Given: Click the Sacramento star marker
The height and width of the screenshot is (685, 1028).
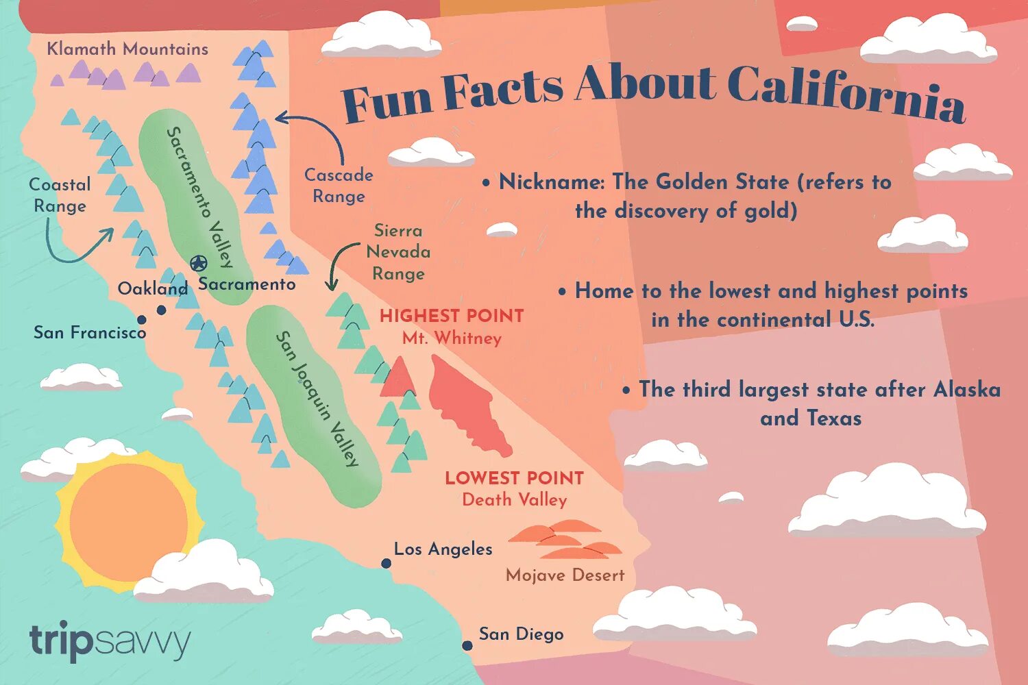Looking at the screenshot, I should (198, 263).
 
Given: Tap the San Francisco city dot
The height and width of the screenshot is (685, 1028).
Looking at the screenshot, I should (142, 320).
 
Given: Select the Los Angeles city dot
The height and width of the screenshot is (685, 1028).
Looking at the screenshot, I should (387, 564).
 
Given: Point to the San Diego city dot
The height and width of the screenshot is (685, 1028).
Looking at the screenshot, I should (467, 646).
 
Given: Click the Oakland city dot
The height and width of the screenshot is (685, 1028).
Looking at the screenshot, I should (162, 310).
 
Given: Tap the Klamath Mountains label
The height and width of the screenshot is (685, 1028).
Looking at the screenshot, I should (127, 49).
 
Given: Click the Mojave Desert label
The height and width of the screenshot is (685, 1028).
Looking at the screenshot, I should (565, 575).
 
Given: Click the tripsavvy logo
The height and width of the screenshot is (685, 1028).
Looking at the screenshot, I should (110, 642).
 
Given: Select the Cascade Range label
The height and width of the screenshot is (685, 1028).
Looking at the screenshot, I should (339, 186).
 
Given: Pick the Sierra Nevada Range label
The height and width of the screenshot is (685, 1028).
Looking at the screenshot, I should (398, 252).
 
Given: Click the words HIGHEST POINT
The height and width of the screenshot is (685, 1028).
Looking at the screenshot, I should (452, 316).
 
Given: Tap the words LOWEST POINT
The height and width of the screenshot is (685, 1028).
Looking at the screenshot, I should (514, 478).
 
